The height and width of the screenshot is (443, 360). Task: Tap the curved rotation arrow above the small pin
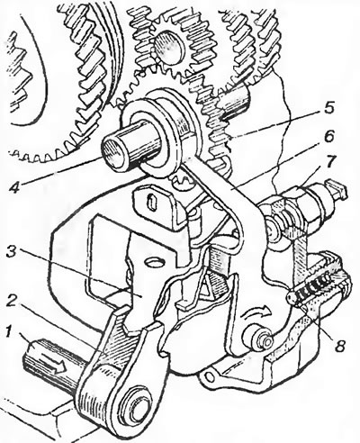(x=256, y=316)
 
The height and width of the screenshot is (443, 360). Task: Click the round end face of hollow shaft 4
(x=113, y=150)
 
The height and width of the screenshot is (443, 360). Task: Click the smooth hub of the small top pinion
(x=169, y=45)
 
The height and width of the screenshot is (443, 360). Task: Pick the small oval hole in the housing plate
(x=155, y=262)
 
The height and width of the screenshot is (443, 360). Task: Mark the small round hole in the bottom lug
(x=210, y=376)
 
